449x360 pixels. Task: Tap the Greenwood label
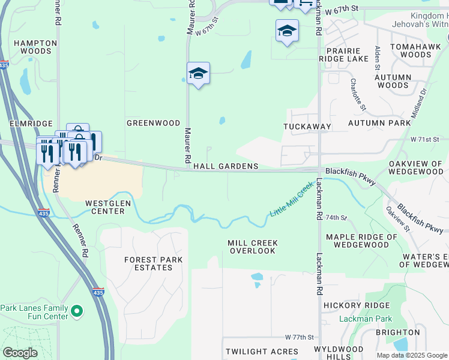(x=154, y=123)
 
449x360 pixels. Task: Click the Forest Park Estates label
(x=148, y=263)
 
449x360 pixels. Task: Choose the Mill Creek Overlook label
(x=253, y=247)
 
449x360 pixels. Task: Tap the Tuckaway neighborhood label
(x=307, y=127)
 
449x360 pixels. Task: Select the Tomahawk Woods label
(x=411, y=50)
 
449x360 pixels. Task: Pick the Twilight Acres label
(x=262, y=351)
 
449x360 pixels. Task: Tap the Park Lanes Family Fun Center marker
(x=76, y=311)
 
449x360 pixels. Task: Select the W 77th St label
(x=300, y=338)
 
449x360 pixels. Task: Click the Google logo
(x=20, y=353)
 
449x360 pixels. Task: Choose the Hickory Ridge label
(x=348, y=305)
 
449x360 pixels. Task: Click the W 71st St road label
(x=425, y=139)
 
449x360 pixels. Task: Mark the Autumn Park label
(x=379, y=123)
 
